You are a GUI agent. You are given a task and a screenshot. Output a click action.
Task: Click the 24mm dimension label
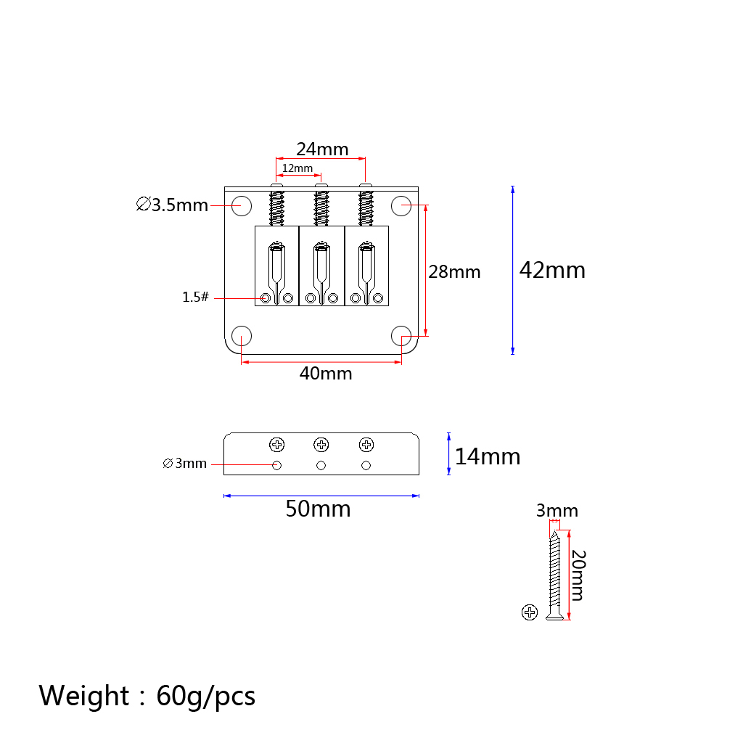coord(322,149)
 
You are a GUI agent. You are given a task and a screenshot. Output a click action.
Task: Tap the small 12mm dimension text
coord(297,168)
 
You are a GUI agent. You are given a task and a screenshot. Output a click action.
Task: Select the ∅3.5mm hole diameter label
coord(172,205)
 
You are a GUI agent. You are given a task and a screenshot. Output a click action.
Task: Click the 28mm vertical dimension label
coord(454,272)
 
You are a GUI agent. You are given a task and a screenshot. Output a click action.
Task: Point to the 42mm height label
coord(552,270)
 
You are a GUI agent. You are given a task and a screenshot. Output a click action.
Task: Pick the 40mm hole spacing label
coord(326,374)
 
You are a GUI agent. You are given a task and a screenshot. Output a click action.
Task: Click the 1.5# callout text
coord(195,297)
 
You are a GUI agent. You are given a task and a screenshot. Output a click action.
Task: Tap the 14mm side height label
coord(488,456)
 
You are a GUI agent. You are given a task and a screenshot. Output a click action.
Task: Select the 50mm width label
coord(318,509)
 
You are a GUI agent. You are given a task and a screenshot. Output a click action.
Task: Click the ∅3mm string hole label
coord(184,463)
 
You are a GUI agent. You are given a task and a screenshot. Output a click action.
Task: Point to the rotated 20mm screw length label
coord(578,575)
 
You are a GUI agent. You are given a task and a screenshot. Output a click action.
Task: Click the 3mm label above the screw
coord(557,511)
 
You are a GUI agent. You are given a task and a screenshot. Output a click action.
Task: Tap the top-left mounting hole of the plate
coord(242,205)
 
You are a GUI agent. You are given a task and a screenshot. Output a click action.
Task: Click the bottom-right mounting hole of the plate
coord(401,336)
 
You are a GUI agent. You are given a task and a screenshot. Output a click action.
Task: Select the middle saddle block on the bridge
coord(321,266)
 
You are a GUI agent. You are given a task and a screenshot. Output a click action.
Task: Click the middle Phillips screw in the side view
coord(321,445)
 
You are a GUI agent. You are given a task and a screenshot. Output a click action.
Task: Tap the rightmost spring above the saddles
coord(366,208)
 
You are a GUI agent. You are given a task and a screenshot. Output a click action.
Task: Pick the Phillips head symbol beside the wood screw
coord(529,612)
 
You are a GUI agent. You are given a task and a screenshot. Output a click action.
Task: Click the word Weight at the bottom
coord(84,696)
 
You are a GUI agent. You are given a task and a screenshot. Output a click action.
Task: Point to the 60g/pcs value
coord(205,697)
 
